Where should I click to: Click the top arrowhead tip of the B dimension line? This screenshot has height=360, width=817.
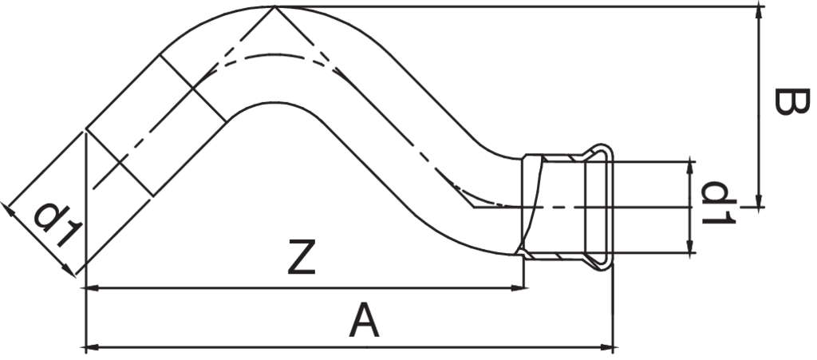pos(759,6)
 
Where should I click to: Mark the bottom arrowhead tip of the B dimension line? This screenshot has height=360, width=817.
pos(759,207)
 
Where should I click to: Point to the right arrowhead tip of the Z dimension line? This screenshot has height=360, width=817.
pos(524,287)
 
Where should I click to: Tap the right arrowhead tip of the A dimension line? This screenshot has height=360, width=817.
pos(614,346)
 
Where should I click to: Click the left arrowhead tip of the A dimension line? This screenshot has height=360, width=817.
pos(85,346)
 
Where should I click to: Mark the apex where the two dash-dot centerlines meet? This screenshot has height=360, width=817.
pos(274,6)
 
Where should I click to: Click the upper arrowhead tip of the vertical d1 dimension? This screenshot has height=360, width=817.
pos(690,161)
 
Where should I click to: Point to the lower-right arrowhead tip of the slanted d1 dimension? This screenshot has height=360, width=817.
pos(75,275)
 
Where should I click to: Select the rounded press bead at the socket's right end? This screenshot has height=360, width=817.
pos(599,207)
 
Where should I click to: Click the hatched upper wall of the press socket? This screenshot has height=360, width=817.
pos(562,157)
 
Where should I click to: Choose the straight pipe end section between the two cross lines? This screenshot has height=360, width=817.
pos(156,125)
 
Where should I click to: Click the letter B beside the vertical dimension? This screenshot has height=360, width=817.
pos(791,101)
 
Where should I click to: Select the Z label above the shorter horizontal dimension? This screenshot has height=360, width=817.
pos(302,256)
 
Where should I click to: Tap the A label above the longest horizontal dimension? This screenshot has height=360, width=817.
pos(364,321)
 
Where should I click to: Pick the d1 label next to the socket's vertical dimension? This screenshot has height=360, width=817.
pos(718,203)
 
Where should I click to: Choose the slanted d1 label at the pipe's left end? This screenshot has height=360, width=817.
pos(58,225)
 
